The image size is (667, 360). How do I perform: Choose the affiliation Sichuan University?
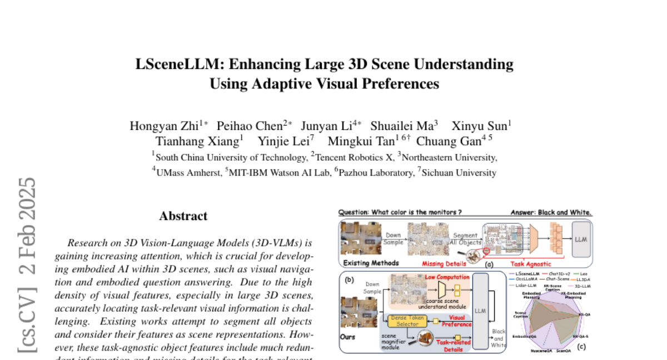point(459,172)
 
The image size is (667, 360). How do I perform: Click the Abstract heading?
point(183,216)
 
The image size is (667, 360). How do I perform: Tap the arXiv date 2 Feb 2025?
point(27,228)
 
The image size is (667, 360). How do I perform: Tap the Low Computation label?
point(448,277)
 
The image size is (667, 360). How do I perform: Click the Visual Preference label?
point(456,321)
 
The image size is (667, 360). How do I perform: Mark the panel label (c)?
point(581,347)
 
